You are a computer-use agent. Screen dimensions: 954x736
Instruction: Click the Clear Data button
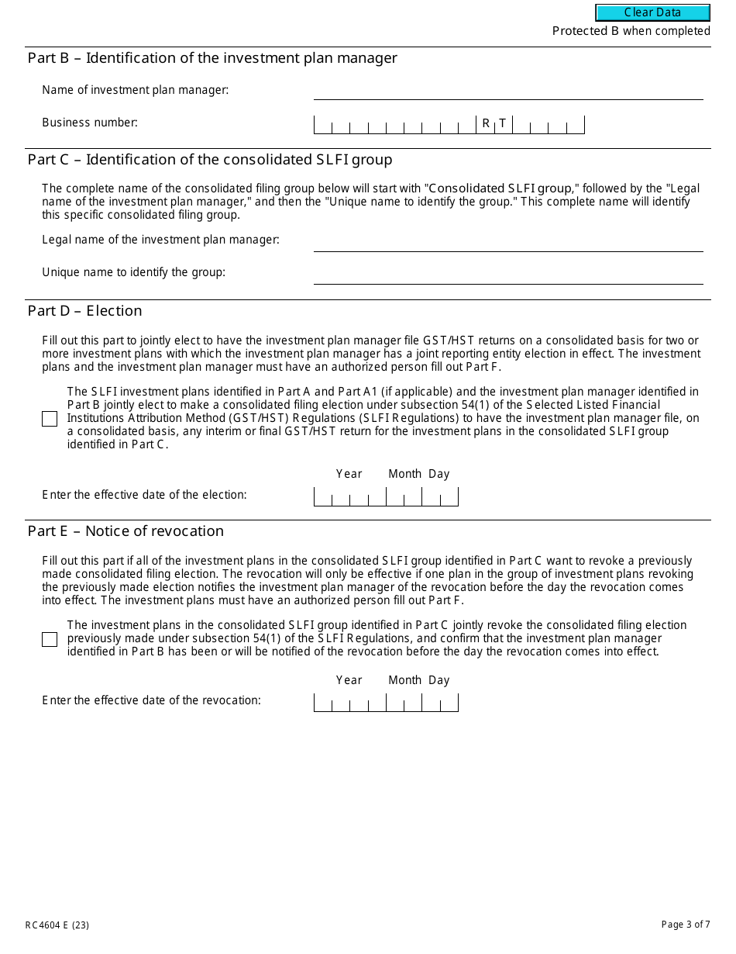coord(652,12)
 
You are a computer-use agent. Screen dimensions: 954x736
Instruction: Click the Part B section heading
coord(212,58)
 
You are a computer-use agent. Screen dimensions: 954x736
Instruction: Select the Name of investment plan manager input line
coord(507,91)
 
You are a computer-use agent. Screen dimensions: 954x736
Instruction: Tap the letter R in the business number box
coord(486,123)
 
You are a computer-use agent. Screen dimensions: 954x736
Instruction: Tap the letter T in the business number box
coord(503,123)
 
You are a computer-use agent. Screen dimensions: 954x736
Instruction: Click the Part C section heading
coord(210,160)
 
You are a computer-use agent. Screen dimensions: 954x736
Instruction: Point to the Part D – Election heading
coord(85,311)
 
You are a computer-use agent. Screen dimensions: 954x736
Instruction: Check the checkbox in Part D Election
coord(50,419)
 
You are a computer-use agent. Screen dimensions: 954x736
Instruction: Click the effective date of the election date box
coord(386,496)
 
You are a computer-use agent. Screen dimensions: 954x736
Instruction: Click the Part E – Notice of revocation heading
coord(126,531)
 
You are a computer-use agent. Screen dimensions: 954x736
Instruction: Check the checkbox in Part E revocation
coord(50,639)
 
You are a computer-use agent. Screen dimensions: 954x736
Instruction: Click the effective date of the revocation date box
coord(386,703)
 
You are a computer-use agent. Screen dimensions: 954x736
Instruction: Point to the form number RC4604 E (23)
coord(57,925)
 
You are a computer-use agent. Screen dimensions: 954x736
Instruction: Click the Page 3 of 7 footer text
coord(686,924)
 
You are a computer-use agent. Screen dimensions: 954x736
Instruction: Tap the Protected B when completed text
coord(631,31)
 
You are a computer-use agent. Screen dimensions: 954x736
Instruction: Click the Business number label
coord(90,123)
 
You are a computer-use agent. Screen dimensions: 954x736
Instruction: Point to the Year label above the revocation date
coord(349,680)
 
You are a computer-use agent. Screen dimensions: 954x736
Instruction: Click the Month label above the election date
coord(404,474)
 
